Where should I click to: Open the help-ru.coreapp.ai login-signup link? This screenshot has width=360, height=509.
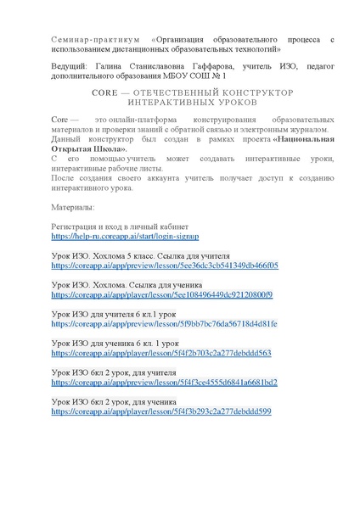click(125, 238)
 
